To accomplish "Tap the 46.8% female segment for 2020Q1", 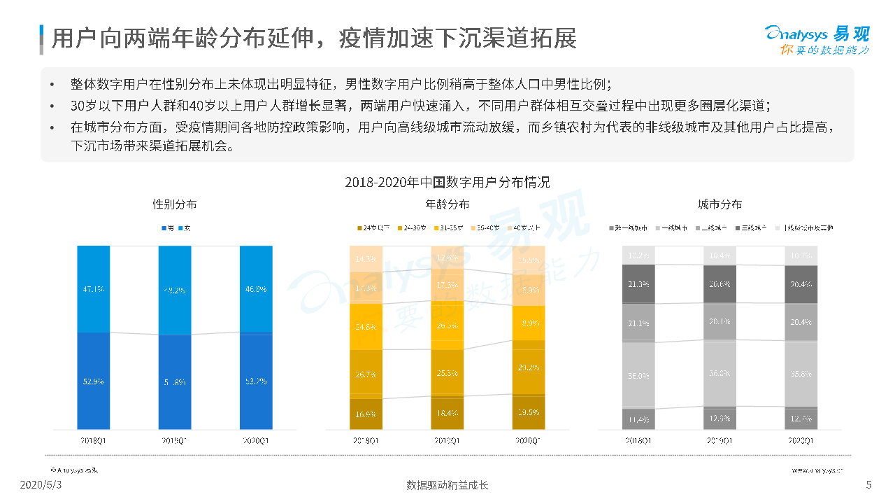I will click(x=255, y=288).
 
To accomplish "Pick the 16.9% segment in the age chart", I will click(x=366, y=413).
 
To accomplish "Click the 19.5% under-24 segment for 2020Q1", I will click(x=528, y=412).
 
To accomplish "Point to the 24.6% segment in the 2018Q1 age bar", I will click(x=366, y=326).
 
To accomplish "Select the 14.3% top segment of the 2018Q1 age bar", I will click(x=366, y=258).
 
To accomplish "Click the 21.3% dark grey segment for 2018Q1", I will click(x=638, y=284).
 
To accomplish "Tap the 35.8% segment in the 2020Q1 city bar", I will click(x=801, y=373).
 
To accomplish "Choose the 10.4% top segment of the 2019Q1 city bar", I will click(x=719, y=255).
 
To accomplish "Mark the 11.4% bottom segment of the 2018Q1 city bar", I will click(x=638, y=419).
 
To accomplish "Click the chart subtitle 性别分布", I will click(x=175, y=204).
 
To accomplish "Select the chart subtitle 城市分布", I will click(x=719, y=204).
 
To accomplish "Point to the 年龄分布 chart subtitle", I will click(x=447, y=204).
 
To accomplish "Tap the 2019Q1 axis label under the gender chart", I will click(x=175, y=440).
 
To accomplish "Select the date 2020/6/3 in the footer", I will click(x=41, y=485).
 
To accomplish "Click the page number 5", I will click(x=868, y=485).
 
